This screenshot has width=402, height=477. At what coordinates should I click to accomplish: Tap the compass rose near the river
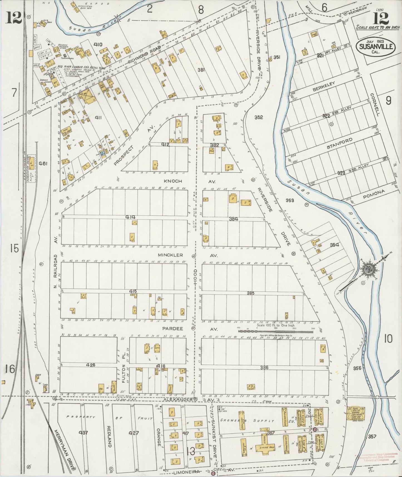(370, 269)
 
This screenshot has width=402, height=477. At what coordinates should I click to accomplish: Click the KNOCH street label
(172, 181)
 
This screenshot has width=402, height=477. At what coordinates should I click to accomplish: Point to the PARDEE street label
(172, 329)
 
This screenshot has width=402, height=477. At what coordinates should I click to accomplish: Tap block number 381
(201, 70)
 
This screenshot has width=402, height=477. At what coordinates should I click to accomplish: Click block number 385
(250, 293)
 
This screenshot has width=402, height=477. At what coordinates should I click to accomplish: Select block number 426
(91, 365)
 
